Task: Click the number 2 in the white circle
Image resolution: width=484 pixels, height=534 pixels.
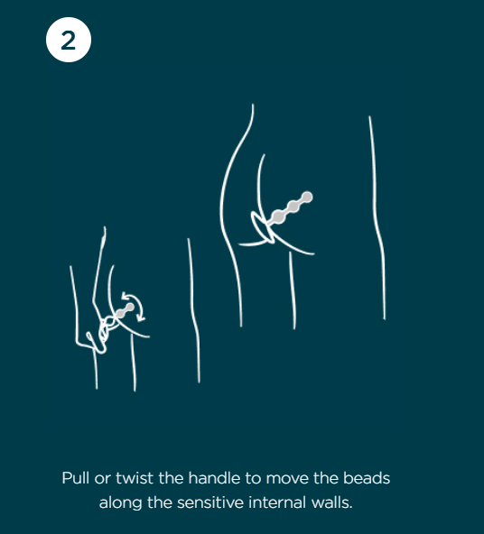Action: (68, 41)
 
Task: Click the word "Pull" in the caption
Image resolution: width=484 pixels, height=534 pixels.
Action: (75, 478)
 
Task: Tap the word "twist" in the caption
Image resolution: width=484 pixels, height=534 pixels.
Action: (135, 478)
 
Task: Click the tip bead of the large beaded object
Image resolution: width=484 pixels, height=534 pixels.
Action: (307, 197)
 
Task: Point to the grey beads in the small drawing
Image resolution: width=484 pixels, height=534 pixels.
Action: (124, 310)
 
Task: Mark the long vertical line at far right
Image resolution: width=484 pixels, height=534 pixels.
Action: (377, 218)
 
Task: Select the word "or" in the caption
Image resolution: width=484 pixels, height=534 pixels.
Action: (102, 479)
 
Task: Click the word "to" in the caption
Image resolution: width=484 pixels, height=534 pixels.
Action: (253, 478)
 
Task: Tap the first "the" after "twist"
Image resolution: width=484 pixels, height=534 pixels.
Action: (171, 478)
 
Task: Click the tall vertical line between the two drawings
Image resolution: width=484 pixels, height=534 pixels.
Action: (194, 310)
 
